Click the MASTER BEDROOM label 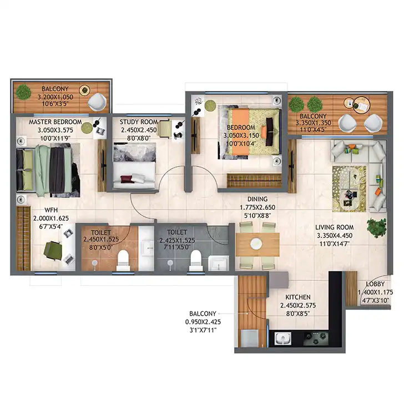point(55,122)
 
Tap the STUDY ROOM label point(139,122)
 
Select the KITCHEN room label point(298,297)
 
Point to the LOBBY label point(375,284)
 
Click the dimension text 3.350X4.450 point(335,235)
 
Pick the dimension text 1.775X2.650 point(257,208)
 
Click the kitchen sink point(283,338)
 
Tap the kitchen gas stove point(316,339)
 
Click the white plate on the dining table point(256,244)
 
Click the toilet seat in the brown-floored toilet point(123,260)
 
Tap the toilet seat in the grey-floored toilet point(195,260)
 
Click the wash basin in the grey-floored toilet point(219,262)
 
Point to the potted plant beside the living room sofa point(377,228)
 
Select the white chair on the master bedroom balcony point(97,102)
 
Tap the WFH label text point(51,210)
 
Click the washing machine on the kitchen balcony point(249,339)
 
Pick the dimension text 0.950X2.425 point(203,322)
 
